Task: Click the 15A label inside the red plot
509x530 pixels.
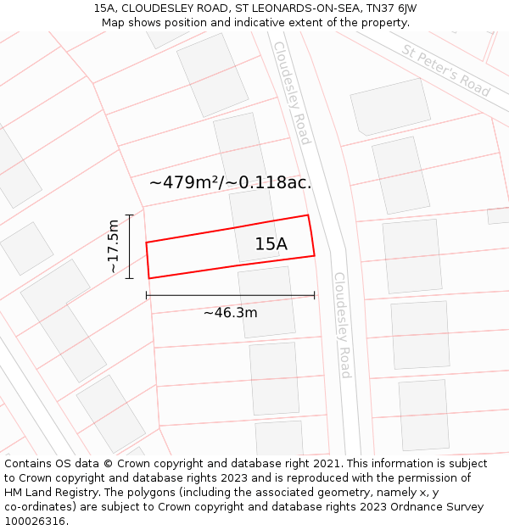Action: [271, 244]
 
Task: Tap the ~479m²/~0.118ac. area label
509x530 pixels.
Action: [230, 182]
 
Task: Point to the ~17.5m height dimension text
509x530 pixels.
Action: [114, 246]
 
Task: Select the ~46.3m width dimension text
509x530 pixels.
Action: [230, 313]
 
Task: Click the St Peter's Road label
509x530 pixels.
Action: [445, 70]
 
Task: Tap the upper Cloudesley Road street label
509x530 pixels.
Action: [292, 92]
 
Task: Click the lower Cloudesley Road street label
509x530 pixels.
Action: [342, 325]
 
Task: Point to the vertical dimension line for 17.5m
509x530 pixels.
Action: [129, 246]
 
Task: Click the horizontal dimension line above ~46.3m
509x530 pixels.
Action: [230, 295]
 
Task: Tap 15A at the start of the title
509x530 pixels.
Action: [105, 8]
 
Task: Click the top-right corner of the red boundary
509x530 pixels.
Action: [308, 215]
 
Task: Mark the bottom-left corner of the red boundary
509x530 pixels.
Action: [149, 278]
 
